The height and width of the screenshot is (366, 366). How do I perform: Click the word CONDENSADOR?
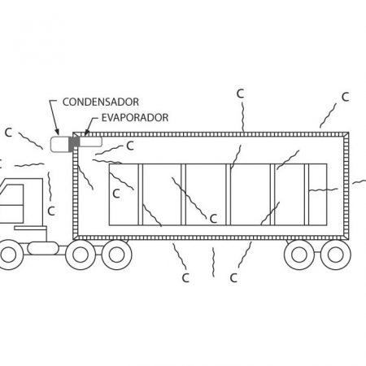click(x=101, y=102)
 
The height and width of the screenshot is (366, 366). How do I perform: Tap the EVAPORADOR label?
click(x=135, y=117)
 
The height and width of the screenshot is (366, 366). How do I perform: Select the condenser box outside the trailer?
click(x=59, y=144)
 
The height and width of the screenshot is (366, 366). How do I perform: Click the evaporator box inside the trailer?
click(x=91, y=142)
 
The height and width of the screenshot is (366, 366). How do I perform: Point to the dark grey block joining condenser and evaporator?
click(x=74, y=143)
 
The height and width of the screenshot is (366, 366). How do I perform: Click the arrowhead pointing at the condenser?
click(x=57, y=132)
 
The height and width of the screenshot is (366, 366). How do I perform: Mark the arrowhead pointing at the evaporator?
click(x=86, y=133)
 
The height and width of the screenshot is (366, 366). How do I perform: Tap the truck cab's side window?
click(x=12, y=203)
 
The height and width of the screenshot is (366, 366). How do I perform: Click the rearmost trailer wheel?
click(x=336, y=255)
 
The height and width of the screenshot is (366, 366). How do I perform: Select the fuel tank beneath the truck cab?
click(x=43, y=248)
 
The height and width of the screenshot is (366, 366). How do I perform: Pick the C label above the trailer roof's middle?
click(x=240, y=94)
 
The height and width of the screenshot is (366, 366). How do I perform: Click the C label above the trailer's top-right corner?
click(x=345, y=97)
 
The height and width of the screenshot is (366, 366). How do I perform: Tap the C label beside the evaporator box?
click(x=130, y=146)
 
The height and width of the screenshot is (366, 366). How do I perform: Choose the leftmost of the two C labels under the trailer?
click(x=185, y=278)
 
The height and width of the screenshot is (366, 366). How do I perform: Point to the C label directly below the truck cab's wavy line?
click(x=51, y=211)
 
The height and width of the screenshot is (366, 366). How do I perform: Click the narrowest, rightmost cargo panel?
click(x=318, y=194)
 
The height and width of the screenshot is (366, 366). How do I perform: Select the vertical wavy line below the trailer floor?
click(x=213, y=262)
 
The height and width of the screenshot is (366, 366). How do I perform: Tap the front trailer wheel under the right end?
click(x=299, y=255)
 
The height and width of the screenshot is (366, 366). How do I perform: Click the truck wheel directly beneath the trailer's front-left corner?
click(x=81, y=255)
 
